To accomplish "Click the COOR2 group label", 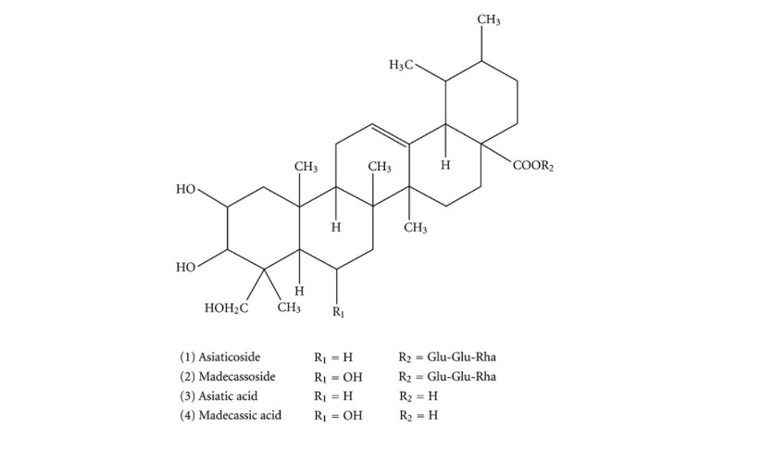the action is point(533,166).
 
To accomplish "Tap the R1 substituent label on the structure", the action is point(338,312).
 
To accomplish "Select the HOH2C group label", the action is point(226,308).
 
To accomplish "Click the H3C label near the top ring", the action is point(401,65).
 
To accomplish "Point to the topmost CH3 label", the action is point(488,19).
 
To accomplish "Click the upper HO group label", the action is point(186,189).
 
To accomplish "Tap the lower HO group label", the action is point(186,268).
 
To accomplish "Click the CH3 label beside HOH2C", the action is point(289,308).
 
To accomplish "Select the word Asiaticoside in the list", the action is point(230,357).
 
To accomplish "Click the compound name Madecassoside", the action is point(237,376).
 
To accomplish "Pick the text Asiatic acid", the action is point(228,395).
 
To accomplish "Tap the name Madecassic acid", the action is point(240,415).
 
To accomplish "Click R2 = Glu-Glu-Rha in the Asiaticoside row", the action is point(447,357).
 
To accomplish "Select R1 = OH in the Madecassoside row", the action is point(338,377).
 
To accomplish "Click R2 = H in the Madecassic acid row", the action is point(419,415).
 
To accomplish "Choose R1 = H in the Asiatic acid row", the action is point(333,396).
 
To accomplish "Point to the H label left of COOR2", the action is point(445,165).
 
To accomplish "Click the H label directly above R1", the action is point(336,228).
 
